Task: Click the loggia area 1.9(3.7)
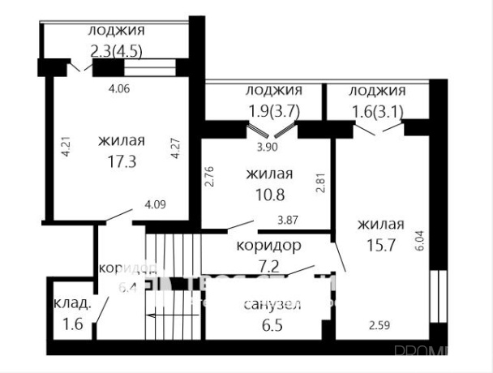pos(273,113)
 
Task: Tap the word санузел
pos(272,305)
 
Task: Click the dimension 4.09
pos(155,205)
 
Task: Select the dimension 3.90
pos(267,148)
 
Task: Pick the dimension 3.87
pos(289,219)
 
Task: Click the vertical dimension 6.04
pos(419,240)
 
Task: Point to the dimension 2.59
pos(379,325)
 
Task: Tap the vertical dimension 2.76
pos(210,178)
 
